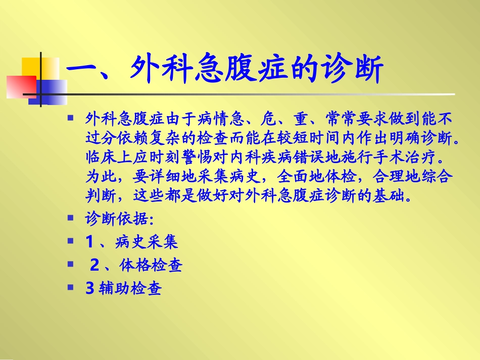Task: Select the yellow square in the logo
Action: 35,68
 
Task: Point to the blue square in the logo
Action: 51,91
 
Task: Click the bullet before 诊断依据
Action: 71,219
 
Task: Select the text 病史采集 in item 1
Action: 146,242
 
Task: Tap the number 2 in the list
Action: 94,265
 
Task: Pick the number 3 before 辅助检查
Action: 90,289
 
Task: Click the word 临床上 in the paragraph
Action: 109,157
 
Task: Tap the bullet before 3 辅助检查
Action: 71,288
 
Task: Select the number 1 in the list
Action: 90,242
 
